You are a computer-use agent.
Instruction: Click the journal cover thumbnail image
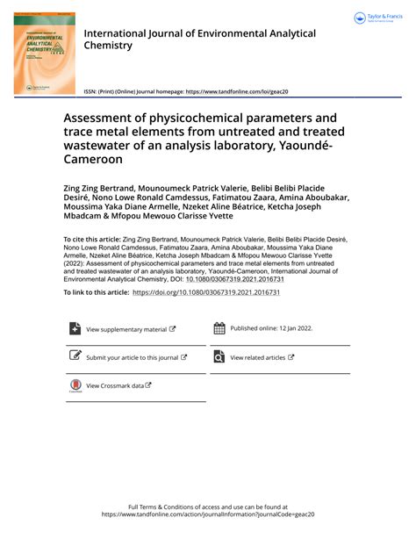44,54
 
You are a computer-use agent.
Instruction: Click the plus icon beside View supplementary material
75,328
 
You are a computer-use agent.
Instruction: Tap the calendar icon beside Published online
219,328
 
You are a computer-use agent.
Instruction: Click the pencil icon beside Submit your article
75,357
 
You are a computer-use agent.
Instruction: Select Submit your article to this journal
133,358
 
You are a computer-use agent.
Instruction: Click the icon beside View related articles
219,357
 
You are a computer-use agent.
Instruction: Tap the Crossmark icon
75,385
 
